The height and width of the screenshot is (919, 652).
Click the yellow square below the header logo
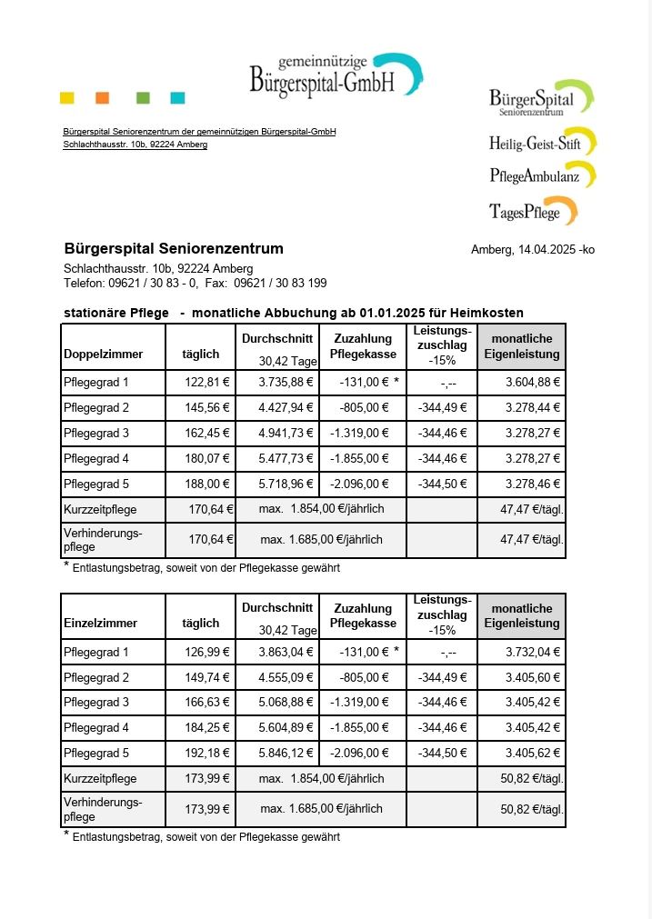[x=66, y=98]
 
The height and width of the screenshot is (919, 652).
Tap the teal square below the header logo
[x=177, y=98]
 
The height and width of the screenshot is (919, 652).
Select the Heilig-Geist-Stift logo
[x=542, y=143]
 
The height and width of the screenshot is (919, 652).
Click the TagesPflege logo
[x=533, y=212]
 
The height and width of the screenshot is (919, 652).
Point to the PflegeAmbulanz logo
[x=542, y=175]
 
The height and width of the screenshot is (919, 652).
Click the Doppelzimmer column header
[x=100, y=354]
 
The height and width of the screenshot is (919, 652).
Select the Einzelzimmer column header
[x=100, y=623]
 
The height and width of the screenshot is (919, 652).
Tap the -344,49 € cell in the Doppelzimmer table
[x=441, y=407]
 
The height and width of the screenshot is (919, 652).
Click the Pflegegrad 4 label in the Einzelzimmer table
[x=96, y=728]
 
